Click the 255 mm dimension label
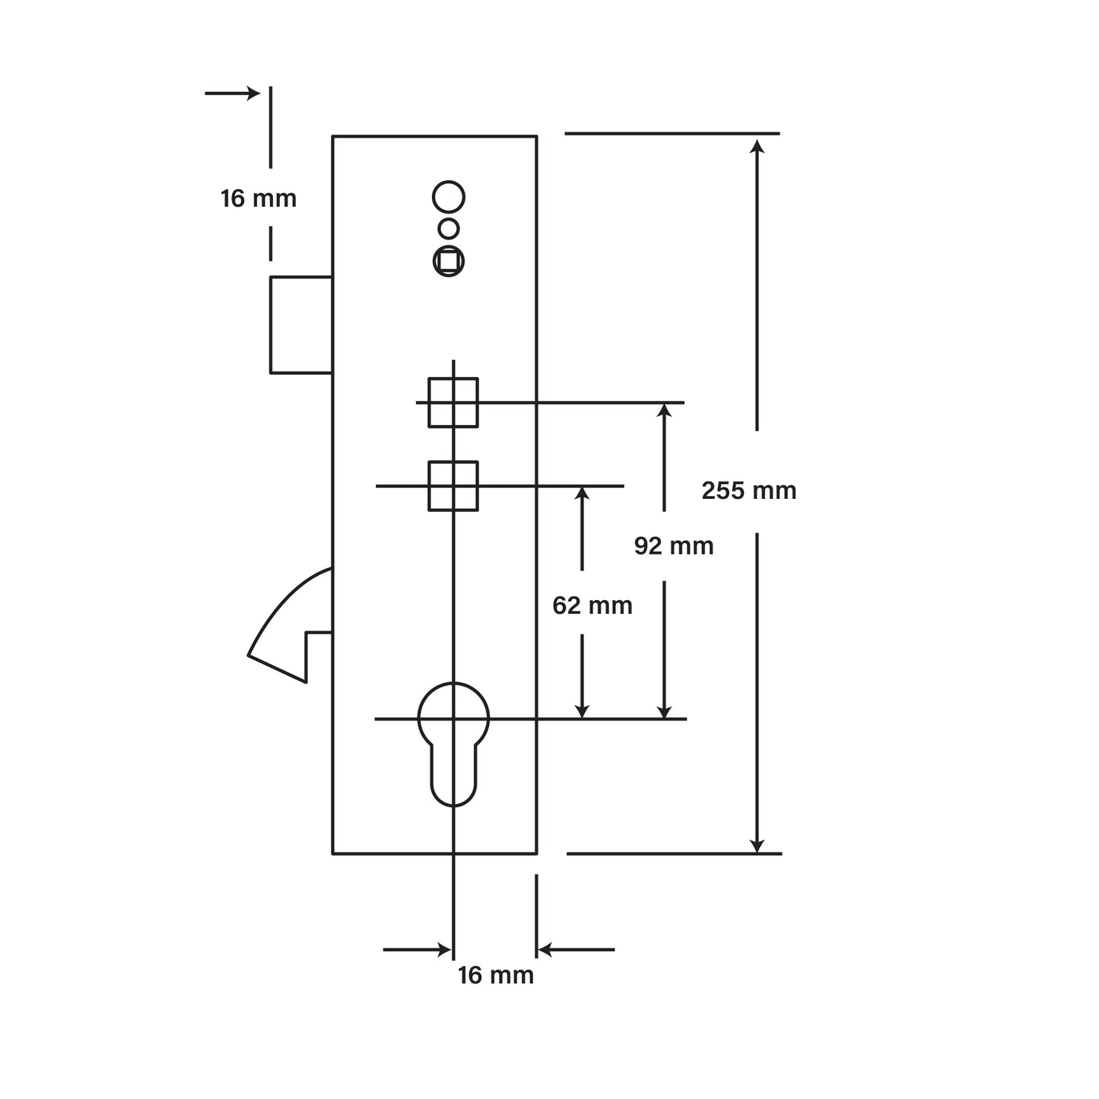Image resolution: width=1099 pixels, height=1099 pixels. pyautogui.click(x=748, y=491)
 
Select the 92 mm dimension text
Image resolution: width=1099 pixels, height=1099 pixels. pyautogui.click(x=674, y=545)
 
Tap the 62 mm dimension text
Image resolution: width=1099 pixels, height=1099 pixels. pyautogui.click(x=592, y=605)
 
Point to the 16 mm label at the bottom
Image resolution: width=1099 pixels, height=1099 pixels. pyautogui.click(x=496, y=975)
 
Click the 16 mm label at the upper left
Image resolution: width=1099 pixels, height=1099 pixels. pyautogui.click(x=259, y=199)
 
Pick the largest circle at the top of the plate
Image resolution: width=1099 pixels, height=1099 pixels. pyautogui.click(x=449, y=196)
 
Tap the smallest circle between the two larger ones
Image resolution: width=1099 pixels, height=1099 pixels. pyautogui.click(x=449, y=228)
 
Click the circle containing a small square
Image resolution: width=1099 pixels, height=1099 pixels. pyautogui.click(x=449, y=261)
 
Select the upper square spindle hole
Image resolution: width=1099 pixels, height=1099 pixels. pyautogui.click(x=453, y=402)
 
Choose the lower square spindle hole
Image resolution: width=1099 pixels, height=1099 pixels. pyautogui.click(x=453, y=485)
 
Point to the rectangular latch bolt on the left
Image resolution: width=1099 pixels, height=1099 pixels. pyautogui.click(x=301, y=325)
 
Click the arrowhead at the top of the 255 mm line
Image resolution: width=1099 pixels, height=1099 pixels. pyautogui.click(x=757, y=145)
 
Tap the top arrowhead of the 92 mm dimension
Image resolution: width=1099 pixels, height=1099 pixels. pyautogui.click(x=664, y=411)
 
